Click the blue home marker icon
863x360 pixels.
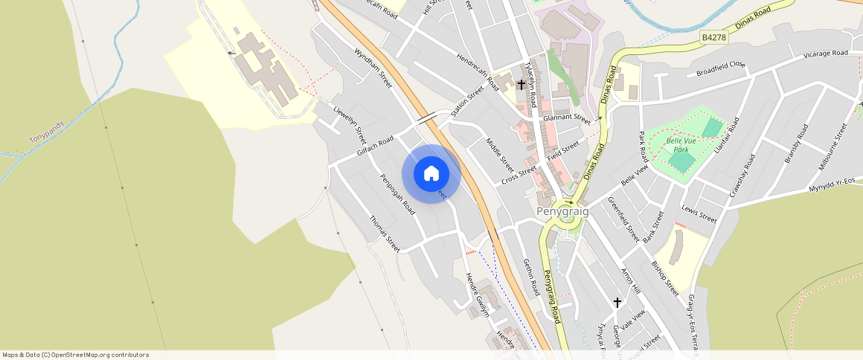pos(431,174)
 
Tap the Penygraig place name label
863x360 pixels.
pos(562,211)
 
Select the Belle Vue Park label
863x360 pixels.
pos(681,144)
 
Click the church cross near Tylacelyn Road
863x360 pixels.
pos(522,85)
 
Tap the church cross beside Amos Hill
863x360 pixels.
pos(617,302)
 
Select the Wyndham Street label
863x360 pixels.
pos(373,68)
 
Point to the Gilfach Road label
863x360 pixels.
pos(375,146)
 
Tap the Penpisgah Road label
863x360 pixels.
pos(398,194)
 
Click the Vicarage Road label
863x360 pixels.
pos(825,54)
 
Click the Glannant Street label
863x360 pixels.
pos(566,118)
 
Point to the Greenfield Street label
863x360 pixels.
pos(623,219)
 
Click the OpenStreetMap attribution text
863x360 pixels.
pos(75,355)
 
